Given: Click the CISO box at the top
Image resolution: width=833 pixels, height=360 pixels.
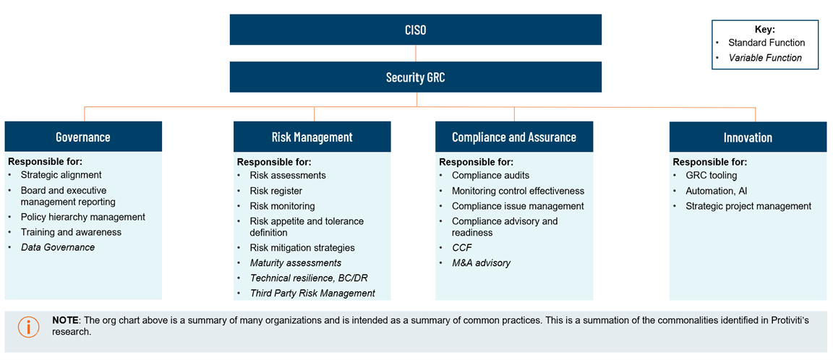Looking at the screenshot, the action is (x=416, y=30).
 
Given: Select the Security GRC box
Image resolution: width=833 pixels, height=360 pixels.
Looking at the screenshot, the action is (x=416, y=77).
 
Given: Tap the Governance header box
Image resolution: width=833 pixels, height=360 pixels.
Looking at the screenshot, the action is (x=83, y=137).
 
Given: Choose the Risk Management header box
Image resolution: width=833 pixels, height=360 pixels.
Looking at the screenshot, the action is (x=312, y=137).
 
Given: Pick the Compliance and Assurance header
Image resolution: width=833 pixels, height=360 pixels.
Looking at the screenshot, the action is (x=513, y=137).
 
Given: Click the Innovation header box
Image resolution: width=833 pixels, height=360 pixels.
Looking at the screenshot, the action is (x=748, y=137).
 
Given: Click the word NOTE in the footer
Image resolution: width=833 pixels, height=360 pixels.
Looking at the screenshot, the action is (x=64, y=321).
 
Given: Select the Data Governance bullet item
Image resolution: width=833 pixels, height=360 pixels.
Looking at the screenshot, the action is (x=58, y=247).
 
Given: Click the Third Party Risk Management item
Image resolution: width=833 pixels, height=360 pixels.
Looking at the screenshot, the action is (x=312, y=293).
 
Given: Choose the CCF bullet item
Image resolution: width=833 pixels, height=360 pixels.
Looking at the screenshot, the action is (x=461, y=247).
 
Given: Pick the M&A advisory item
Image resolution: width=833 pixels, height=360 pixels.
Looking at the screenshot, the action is (x=481, y=263).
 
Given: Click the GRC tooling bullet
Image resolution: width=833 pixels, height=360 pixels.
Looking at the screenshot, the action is (x=712, y=175).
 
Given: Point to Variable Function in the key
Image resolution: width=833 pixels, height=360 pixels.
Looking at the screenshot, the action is (x=765, y=58).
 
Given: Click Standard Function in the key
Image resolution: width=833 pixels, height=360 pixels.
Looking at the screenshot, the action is (x=766, y=43).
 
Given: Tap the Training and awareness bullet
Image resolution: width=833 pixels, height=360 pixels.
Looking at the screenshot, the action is (x=71, y=232).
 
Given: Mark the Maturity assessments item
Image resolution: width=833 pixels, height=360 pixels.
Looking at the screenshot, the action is (x=295, y=263).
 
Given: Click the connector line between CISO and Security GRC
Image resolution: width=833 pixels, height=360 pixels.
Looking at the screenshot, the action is (x=416, y=53).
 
